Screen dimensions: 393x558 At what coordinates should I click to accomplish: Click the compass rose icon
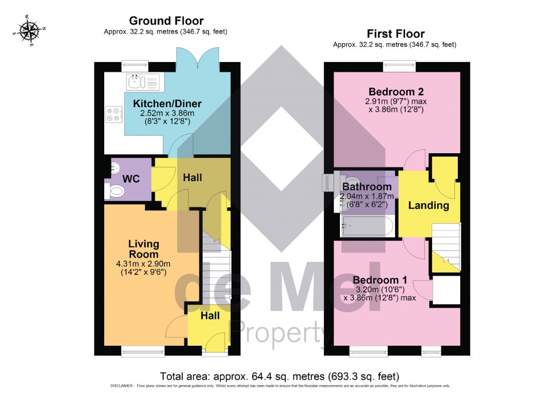27,31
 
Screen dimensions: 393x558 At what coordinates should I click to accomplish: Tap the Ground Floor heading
166,21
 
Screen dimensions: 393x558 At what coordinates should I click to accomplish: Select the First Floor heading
396,34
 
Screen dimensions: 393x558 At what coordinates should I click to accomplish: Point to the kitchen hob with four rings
113,115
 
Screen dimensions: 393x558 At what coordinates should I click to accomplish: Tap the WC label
132,179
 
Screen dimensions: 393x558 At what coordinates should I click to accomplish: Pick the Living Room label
143,249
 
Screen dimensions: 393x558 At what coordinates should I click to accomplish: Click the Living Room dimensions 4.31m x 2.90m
143,268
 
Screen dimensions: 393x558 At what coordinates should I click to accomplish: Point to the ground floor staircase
216,268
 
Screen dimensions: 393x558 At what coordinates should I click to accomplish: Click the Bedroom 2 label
396,92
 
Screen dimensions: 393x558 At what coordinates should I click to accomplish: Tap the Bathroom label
367,187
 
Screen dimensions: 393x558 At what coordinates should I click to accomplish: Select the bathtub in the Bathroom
367,227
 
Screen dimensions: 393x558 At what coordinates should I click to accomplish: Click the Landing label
428,206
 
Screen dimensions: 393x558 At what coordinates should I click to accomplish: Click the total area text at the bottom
279,376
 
